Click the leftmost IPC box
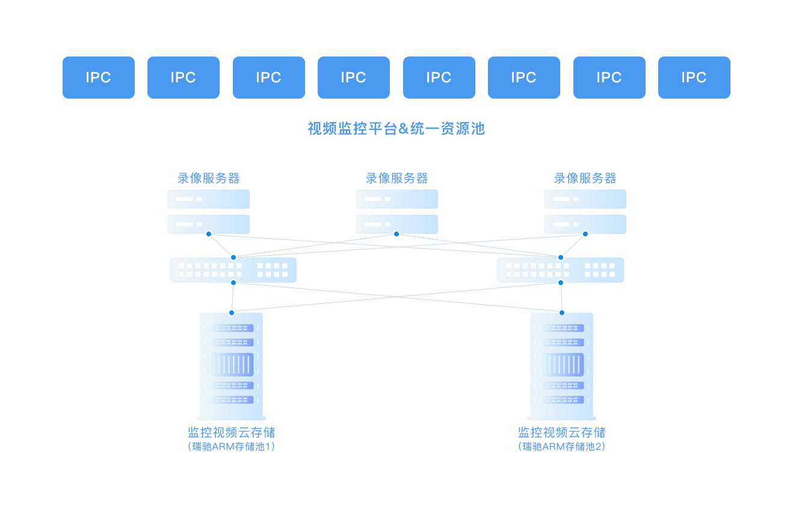point(98,77)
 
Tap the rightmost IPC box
point(694,77)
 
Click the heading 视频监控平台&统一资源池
point(396,129)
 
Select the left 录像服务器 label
point(208,178)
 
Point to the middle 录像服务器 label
point(396,178)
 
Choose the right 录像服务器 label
point(585,178)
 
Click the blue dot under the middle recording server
point(396,234)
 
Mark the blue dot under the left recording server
point(209,234)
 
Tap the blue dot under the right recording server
point(585,234)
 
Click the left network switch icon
point(233,270)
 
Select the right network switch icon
point(560,270)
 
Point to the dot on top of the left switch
point(233,257)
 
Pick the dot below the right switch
point(561,283)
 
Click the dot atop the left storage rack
point(232,313)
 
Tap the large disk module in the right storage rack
point(563,364)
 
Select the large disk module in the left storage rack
point(232,364)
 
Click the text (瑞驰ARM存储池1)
point(232,447)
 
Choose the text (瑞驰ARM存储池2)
point(562,447)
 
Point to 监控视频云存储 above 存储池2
point(562,432)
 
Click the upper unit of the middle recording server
point(396,199)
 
